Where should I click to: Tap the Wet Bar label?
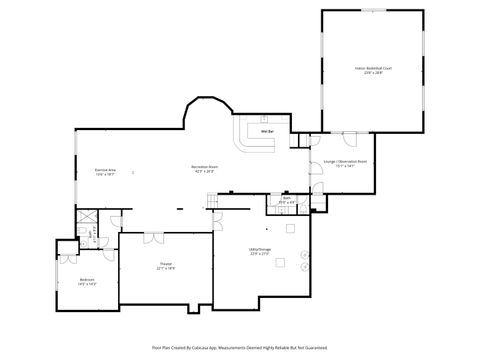[267, 131]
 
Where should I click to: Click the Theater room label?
[166, 266]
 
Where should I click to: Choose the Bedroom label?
[88, 282]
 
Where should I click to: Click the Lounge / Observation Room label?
[344, 162]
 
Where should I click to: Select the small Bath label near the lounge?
[286, 199]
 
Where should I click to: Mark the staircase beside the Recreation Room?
[213, 203]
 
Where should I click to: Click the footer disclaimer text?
[240, 347]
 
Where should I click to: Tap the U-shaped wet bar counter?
[255, 138]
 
